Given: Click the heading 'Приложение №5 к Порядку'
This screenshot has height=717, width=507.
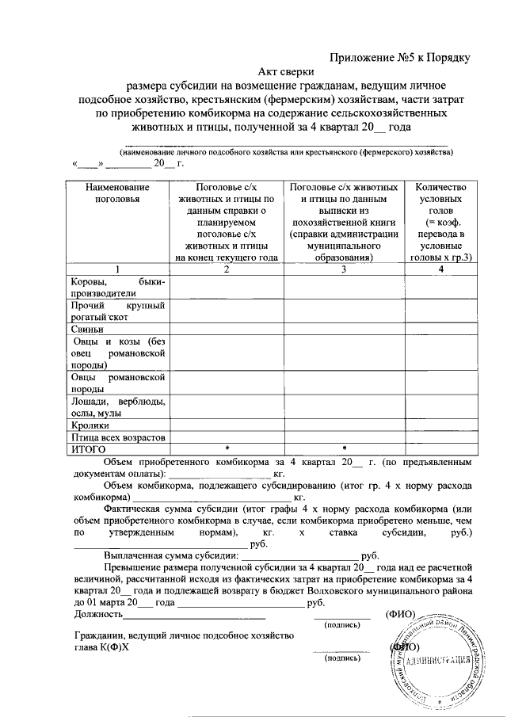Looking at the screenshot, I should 401,57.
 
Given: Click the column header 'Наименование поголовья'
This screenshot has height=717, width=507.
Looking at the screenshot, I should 116,193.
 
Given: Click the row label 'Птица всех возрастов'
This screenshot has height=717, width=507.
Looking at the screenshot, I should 117,437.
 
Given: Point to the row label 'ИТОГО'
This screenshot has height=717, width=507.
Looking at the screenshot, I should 89,449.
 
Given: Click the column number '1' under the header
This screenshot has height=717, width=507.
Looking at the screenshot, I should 117,269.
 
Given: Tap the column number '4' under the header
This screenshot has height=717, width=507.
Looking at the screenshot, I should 440,269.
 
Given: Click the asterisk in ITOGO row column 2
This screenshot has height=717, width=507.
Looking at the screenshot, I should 227,449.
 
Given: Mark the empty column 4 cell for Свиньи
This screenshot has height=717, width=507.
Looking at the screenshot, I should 440,330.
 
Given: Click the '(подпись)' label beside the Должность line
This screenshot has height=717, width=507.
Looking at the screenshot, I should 344,624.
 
